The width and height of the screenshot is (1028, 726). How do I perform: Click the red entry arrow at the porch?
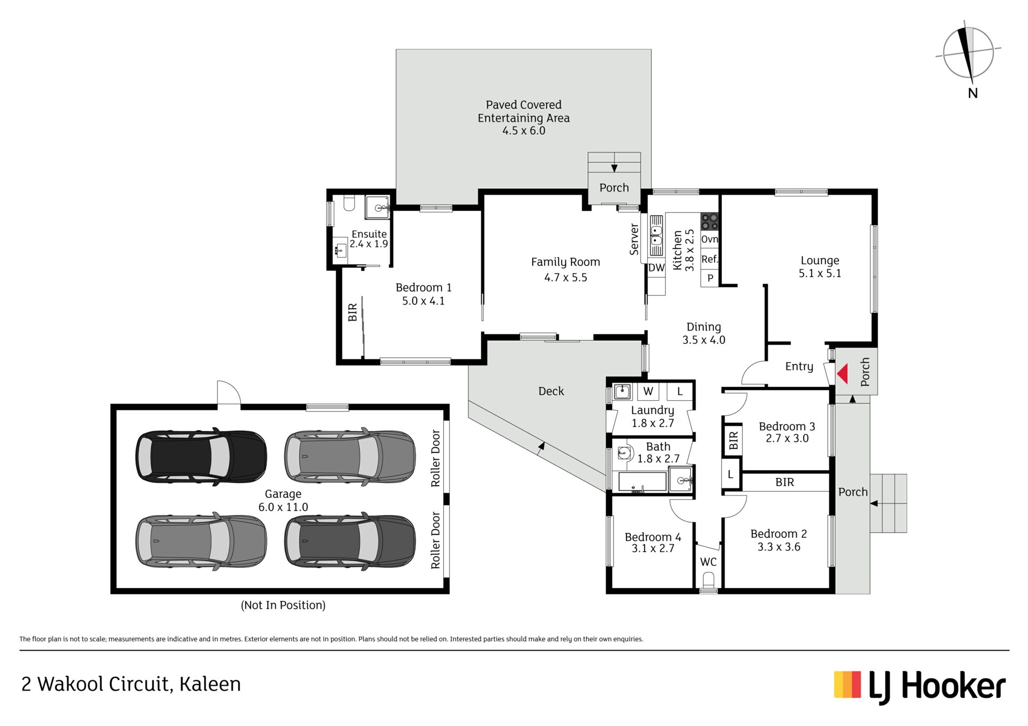tap(842, 374)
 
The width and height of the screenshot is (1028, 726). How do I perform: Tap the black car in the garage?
tap(201, 456)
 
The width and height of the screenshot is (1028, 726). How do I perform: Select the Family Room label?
tap(565, 262)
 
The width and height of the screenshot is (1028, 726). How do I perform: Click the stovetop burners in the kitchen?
tap(709, 221)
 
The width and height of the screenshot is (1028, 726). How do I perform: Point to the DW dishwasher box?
tap(656, 268)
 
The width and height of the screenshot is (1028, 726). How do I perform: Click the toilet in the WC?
tap(708, 580)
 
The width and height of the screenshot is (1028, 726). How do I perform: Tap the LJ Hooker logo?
tap(920, 687)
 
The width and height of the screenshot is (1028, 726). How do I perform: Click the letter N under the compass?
tap(973, 93)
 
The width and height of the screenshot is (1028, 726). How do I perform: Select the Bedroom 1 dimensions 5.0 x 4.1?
tap(424, 301)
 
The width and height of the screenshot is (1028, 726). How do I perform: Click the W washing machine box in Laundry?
tap(648, 391)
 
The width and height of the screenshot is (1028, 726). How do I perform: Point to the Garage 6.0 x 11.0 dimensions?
tap(283, 507)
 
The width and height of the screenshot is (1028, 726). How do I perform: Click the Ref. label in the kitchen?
tap(709, 259)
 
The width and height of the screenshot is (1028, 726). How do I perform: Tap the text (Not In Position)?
tap(283, 605)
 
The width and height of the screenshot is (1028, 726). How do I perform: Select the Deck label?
tap(551, 391)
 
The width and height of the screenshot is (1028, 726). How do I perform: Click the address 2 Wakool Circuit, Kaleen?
tap(131, 684)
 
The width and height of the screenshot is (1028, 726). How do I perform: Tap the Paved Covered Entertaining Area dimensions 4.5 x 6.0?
tap(524, 131)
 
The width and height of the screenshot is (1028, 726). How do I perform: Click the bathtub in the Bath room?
tap(642, 482)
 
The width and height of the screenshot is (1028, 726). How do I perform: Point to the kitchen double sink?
tap(656, 235)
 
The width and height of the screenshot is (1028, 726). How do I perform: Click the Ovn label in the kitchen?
tap(709, 239)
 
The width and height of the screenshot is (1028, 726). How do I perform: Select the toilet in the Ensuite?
tap(349, 203)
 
